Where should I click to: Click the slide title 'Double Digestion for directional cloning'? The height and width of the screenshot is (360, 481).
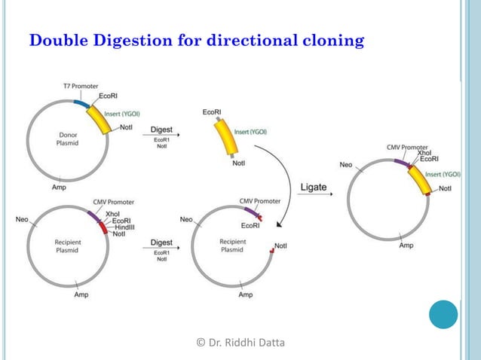coord(196,40)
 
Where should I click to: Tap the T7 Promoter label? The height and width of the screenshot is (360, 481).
coord(80,87)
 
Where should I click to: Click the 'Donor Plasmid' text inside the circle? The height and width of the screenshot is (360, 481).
coord(57,139)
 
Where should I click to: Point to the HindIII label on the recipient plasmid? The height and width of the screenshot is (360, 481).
coord(123,227)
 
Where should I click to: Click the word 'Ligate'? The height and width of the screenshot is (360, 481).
coord(314,187)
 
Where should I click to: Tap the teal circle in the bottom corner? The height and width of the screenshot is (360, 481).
coord(443,314)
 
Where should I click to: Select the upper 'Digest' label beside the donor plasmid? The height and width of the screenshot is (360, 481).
coord(161,130)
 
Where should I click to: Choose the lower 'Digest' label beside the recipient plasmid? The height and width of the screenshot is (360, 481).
coord(161,243)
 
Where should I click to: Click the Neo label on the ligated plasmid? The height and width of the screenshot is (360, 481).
coord(346,164)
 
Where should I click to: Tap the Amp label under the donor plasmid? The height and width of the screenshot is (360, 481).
coord(58,187)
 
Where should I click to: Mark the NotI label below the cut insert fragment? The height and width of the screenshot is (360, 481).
coord(239,163)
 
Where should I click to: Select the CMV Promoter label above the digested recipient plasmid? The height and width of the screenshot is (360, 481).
coord(260,201)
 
